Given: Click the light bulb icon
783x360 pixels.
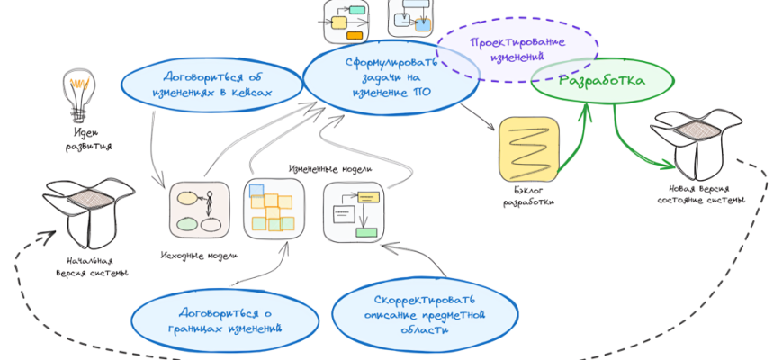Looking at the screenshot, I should [78, 93].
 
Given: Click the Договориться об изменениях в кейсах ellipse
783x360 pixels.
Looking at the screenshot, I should [212, 83].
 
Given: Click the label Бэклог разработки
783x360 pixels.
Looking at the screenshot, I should [528, 196].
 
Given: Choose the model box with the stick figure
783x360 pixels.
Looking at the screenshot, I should [199, 211].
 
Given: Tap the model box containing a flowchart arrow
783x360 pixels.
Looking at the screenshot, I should [354, 212].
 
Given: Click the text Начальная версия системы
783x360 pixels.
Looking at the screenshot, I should [88, 267].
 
